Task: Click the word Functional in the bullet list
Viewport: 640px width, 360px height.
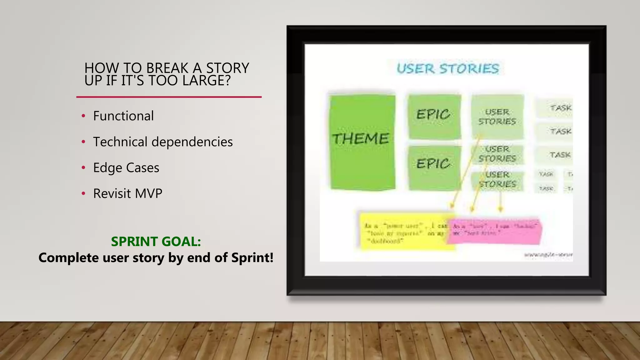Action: coord(123,116)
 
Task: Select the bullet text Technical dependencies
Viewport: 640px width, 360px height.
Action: coord(163,142)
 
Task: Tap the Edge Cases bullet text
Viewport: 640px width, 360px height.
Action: coord(126,168)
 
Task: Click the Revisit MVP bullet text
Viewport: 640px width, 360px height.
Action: coord(127,194)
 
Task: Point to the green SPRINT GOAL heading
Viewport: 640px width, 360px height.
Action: coord(156,242)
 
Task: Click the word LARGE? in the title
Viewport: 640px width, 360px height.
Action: coord(207,81)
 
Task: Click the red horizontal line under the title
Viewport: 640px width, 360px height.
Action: coord(169,97)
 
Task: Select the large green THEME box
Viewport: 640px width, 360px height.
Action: coord(362,142)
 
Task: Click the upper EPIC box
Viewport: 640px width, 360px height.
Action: coord(434,116)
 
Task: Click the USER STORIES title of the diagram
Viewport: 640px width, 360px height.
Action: coord(447,69)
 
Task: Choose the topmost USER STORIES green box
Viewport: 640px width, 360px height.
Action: coord(497,116)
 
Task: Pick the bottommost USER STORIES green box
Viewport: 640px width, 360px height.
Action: coord(497,180)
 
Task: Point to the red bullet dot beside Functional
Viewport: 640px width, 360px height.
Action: coord(83,116)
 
